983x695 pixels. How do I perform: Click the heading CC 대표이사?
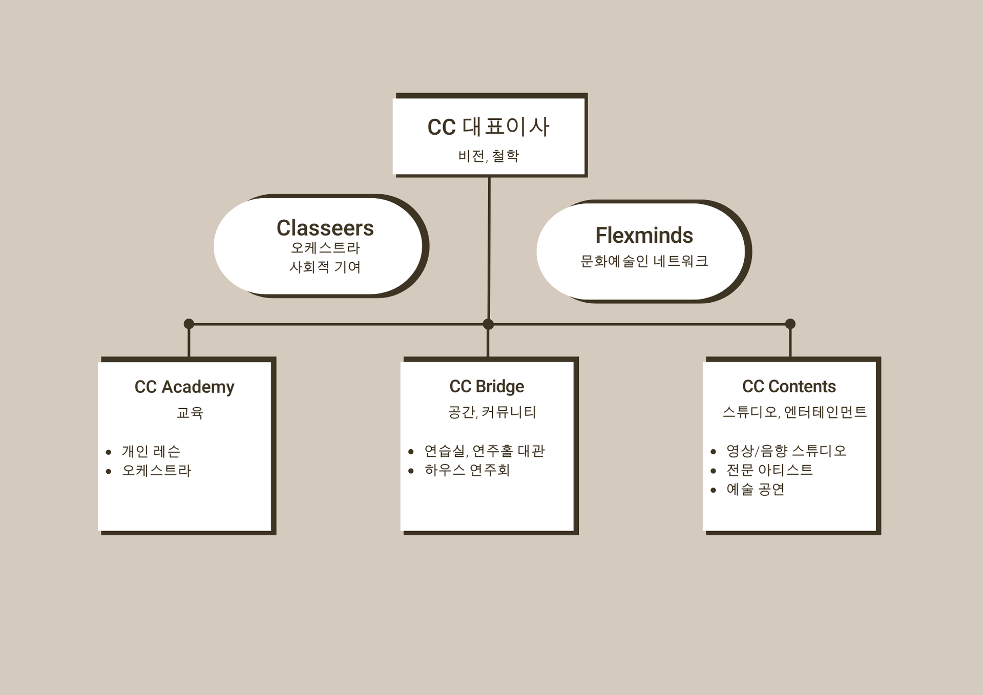click(488, 127)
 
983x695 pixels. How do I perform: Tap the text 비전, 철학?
click(488, 156)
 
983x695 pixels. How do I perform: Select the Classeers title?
click(325, 228)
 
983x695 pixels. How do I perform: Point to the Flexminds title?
click(644, 236)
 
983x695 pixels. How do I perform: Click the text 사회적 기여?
click(325, 267)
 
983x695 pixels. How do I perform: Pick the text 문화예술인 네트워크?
click(644, 261)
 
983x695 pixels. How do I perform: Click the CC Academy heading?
click(184, 387)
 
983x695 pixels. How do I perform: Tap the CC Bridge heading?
click(487, 386)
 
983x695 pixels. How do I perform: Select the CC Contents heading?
click(789, 386)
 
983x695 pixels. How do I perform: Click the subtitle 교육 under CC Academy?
click(190, 413)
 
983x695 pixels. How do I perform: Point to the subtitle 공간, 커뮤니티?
click(492, 412)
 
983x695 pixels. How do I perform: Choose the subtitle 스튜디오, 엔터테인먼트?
click(794, 412)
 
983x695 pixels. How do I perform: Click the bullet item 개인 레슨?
click(151, 451)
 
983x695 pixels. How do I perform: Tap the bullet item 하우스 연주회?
click(467, 470)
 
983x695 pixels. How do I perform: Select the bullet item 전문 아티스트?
click(769, 470)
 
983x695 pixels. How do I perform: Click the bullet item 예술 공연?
click(756, 490)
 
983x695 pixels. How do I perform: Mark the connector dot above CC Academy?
click(189, 324)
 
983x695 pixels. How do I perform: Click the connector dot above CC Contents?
click(790, 324)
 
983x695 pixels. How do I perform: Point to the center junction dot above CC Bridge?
click(488, 324)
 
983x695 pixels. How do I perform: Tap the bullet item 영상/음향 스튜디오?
click(786, 451)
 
